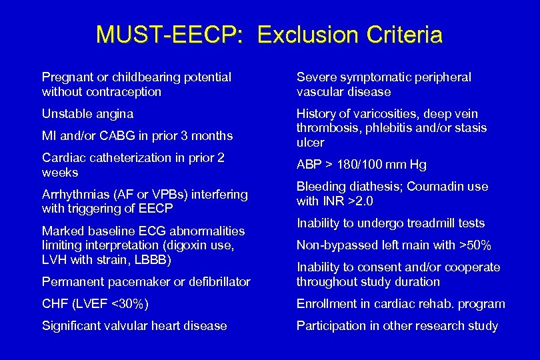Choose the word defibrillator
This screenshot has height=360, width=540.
(x=217, y=282)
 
